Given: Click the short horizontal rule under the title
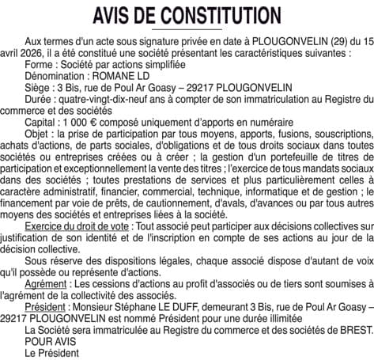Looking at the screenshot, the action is (187, 29).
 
